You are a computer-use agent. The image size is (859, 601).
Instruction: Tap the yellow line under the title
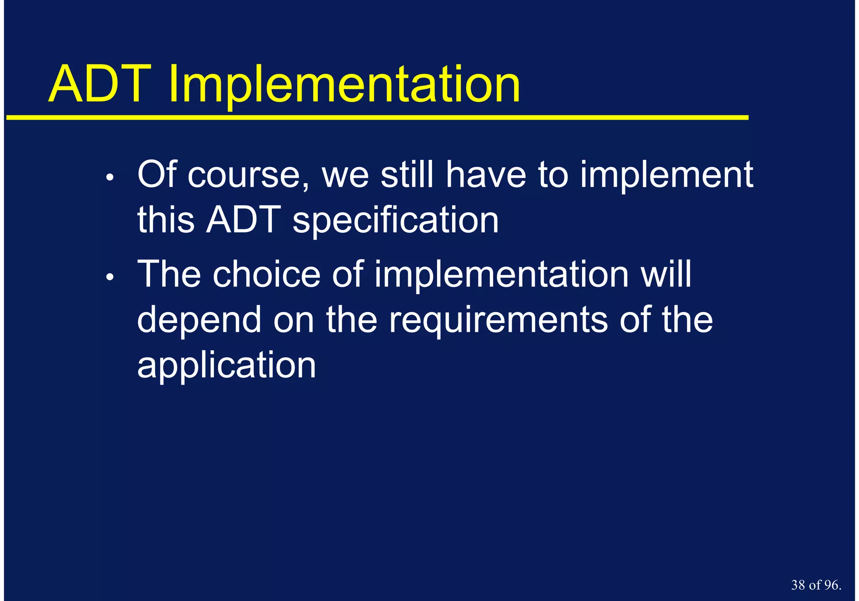(x=377, y=118)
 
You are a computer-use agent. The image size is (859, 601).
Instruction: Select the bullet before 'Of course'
(x=110, y=178)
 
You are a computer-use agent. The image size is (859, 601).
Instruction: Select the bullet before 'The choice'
(x=110, y=277)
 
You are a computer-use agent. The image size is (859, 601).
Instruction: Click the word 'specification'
(x=396, y=221)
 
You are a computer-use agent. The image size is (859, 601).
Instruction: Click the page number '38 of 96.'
(x=816, y=585)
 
